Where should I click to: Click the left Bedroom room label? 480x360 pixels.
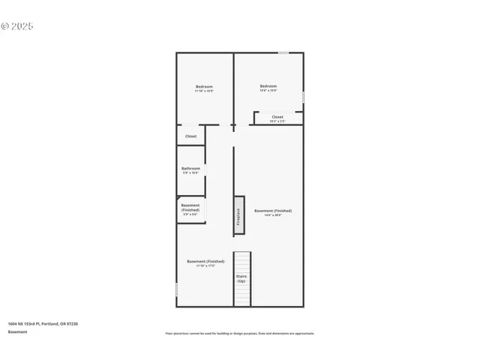204,86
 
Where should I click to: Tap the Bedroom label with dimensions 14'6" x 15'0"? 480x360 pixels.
268,86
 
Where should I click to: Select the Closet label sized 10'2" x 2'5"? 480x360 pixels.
277,117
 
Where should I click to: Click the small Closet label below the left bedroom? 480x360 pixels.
190,136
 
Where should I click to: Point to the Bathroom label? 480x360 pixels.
190,168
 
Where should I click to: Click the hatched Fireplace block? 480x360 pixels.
239,214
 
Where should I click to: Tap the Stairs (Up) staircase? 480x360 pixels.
241,278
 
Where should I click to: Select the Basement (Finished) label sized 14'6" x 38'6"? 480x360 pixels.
273,211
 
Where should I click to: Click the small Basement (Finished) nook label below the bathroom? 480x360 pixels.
190,208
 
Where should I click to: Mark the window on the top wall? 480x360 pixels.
283,52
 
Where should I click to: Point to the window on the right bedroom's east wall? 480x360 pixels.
303,97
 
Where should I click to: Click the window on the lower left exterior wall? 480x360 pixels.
176,289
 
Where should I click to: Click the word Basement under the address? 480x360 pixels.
17,331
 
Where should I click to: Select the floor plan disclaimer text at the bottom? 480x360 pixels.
240,333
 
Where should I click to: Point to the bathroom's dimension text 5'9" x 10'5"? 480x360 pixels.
190,172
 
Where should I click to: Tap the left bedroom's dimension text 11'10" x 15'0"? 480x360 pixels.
204,91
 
